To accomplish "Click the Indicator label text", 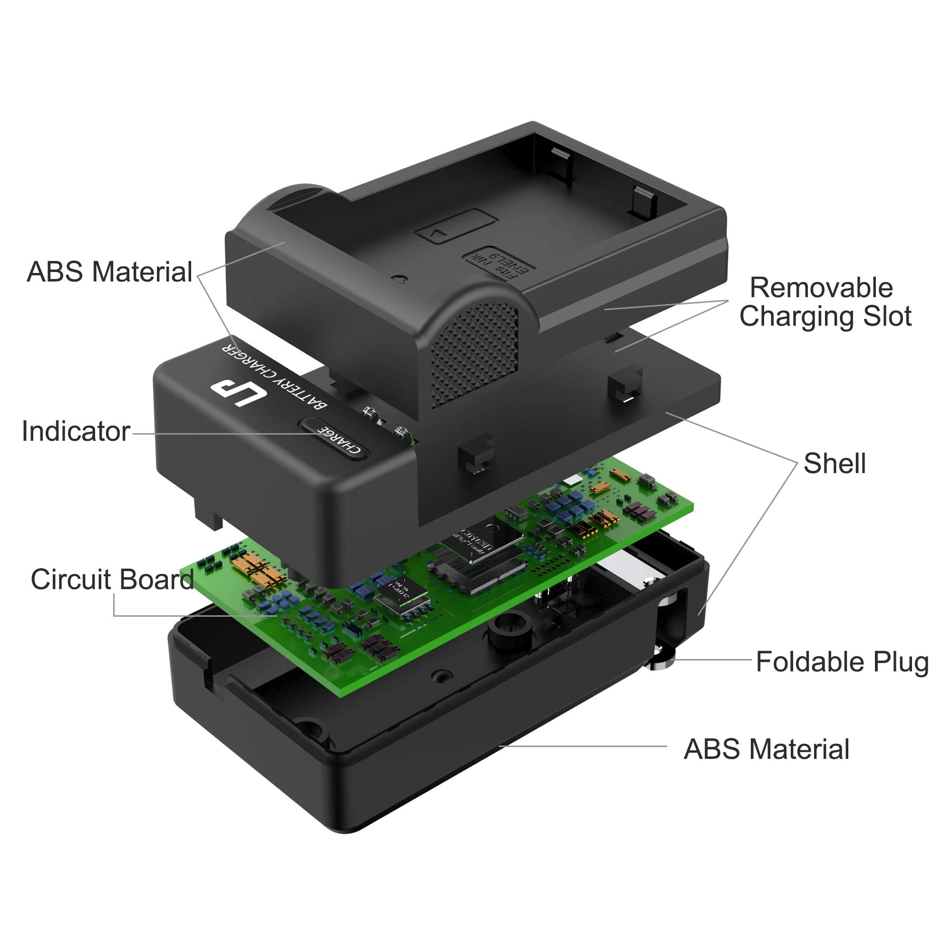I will click(x=76, y=432).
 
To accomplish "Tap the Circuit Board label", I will click(x=112, y=579).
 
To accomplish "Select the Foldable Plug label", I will click(x=842, y=661).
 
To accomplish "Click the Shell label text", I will click(x=835, y=463).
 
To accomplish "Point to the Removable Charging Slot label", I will click(x=825, y=302).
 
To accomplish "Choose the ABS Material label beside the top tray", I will click(x=109, y=272).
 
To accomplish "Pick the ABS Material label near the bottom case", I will click(x=767, y=749).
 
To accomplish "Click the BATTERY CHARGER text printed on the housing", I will click(x=274, y=374).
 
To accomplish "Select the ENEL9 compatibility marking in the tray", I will click(x=500, y=264).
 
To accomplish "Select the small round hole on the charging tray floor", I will click(x=400, y=279).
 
